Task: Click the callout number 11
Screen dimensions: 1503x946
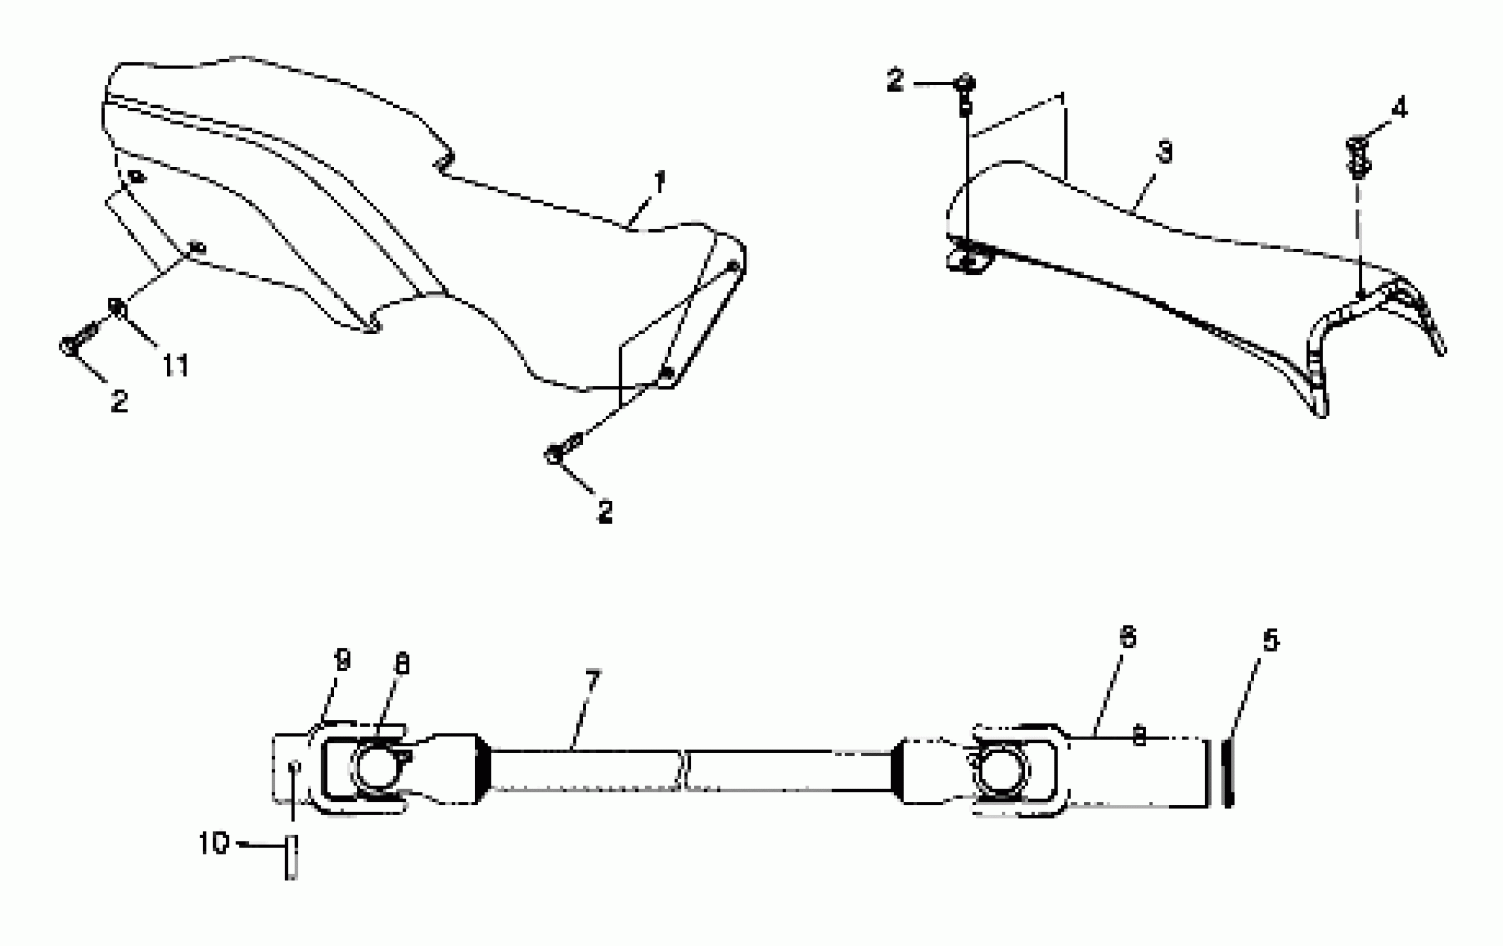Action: point(175,365)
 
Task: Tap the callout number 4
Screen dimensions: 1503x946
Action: point(1399,109)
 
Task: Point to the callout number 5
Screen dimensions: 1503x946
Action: point(1271,641)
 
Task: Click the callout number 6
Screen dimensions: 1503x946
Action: point(1128,638)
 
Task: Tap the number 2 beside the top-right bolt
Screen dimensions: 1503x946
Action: point(896,81)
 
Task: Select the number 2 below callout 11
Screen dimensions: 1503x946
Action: point(119,401)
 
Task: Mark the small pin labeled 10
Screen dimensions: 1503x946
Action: point(291,858)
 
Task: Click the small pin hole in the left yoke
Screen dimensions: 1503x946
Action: point(295,765)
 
